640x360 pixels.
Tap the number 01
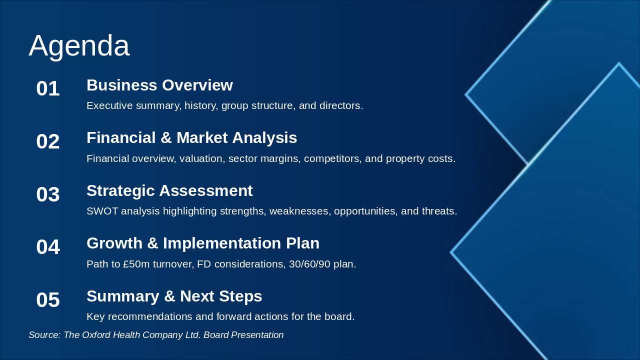[48, 88]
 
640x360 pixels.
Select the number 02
[48, 141]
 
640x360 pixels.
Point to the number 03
[48, 194]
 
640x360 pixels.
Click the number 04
[48, 247]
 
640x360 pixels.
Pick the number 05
[48, 299]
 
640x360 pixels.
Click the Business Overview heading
[159, 85]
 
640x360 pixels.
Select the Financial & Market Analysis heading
[191, 137]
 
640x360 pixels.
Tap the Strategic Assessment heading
[169, 190]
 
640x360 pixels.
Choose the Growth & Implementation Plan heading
[203, 243]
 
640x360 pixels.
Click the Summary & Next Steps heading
[174, 296]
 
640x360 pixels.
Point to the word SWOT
[102, 211]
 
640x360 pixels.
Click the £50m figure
[136, 264]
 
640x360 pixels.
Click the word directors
[341, 105]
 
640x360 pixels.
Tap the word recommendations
[150, 316]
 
